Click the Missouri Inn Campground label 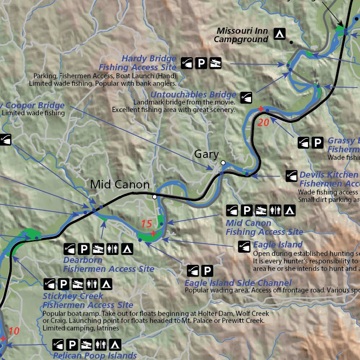241,35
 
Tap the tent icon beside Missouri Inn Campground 280,34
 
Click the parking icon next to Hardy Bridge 201,62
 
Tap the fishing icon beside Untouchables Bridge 247,97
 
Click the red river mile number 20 263,122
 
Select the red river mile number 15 147,225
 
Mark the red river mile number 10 14,331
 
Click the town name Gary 206,154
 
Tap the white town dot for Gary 223,163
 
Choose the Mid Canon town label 120,185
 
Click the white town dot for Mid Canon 154,197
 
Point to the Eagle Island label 277,244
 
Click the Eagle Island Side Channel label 238,283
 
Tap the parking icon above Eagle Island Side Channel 207,270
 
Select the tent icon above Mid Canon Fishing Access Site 290,210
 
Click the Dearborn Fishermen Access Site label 109,264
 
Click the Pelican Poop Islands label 95,356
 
